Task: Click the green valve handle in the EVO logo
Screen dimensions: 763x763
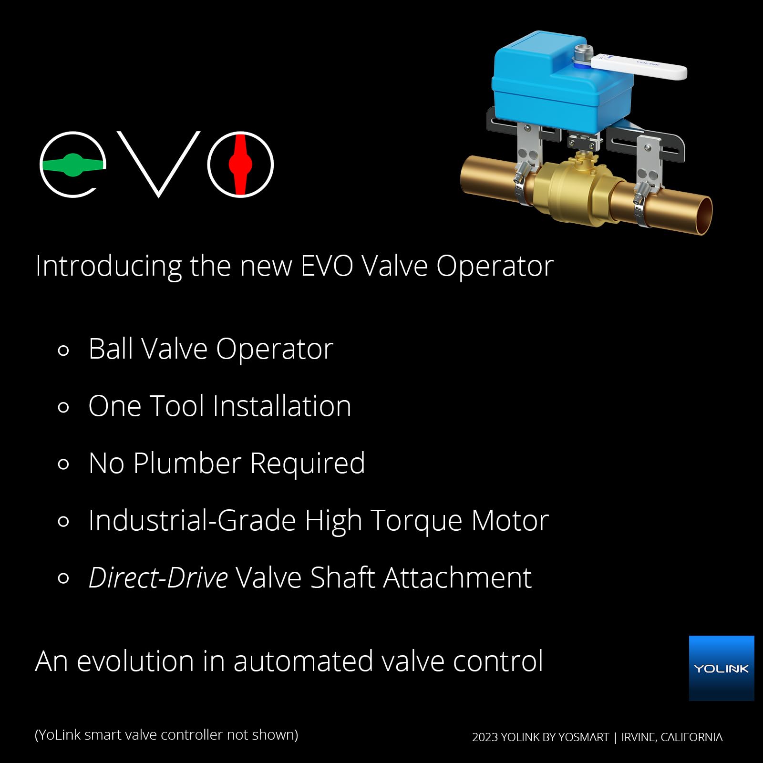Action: tap(73, 165)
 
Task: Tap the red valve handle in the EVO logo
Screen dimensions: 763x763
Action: tap(240, 165)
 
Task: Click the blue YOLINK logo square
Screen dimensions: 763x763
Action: tap(721, 668)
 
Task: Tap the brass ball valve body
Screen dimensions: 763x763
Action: tap(572, 191)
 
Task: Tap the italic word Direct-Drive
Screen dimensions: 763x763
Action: tap(158, 578)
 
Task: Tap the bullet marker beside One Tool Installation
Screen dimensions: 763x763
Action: tap(63, 408)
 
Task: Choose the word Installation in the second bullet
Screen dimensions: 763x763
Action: tap(282, 406)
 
